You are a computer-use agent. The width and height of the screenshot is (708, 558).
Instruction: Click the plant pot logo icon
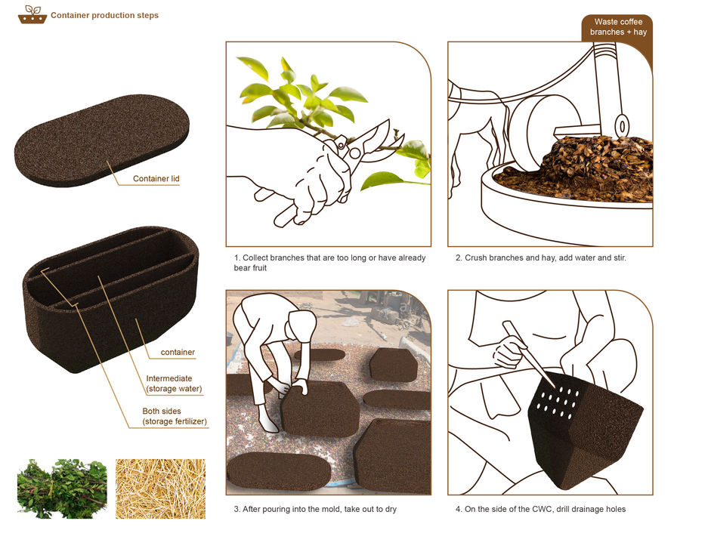pos(32,14)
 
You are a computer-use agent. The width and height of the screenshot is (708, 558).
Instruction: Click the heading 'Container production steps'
pos(104,15)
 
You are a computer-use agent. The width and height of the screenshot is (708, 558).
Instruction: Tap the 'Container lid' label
pos(156,179)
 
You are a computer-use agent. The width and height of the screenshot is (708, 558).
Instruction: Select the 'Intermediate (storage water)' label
pos(174,384)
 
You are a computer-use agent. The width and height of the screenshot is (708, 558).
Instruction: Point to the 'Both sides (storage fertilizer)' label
pos(175,416)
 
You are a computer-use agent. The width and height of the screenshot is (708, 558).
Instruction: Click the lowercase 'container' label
pos(178,353)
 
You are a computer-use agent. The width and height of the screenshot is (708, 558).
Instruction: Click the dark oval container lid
pos(101,140)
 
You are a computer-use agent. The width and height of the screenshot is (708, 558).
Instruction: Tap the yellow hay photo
pos(160,489)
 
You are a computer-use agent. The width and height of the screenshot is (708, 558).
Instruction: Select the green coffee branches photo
pos(62,489)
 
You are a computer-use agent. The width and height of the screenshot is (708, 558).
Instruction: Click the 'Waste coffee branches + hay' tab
pos(617,27)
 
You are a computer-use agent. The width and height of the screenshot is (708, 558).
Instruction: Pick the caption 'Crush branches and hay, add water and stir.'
pos(540,258)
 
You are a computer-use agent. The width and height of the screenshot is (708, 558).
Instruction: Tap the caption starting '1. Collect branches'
pos(329,263)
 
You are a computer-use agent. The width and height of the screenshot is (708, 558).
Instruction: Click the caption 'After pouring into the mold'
pos(315,509)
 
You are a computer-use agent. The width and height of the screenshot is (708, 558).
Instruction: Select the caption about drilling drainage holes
pos(540,509)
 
